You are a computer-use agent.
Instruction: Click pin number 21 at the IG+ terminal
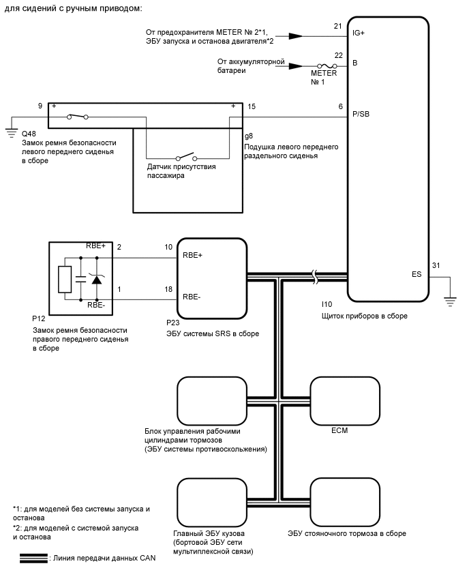coord(337,26)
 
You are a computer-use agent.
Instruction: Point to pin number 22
coord(337,55)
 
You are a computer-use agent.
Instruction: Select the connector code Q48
coord(29,134)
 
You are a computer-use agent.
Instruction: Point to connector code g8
coord(249,136)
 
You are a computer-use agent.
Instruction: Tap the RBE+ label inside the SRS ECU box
coord(194,254)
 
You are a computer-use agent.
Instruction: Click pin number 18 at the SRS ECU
coord(168,289)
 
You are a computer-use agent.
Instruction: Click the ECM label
coord(339,430)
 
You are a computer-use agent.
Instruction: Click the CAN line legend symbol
coord(33,558)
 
